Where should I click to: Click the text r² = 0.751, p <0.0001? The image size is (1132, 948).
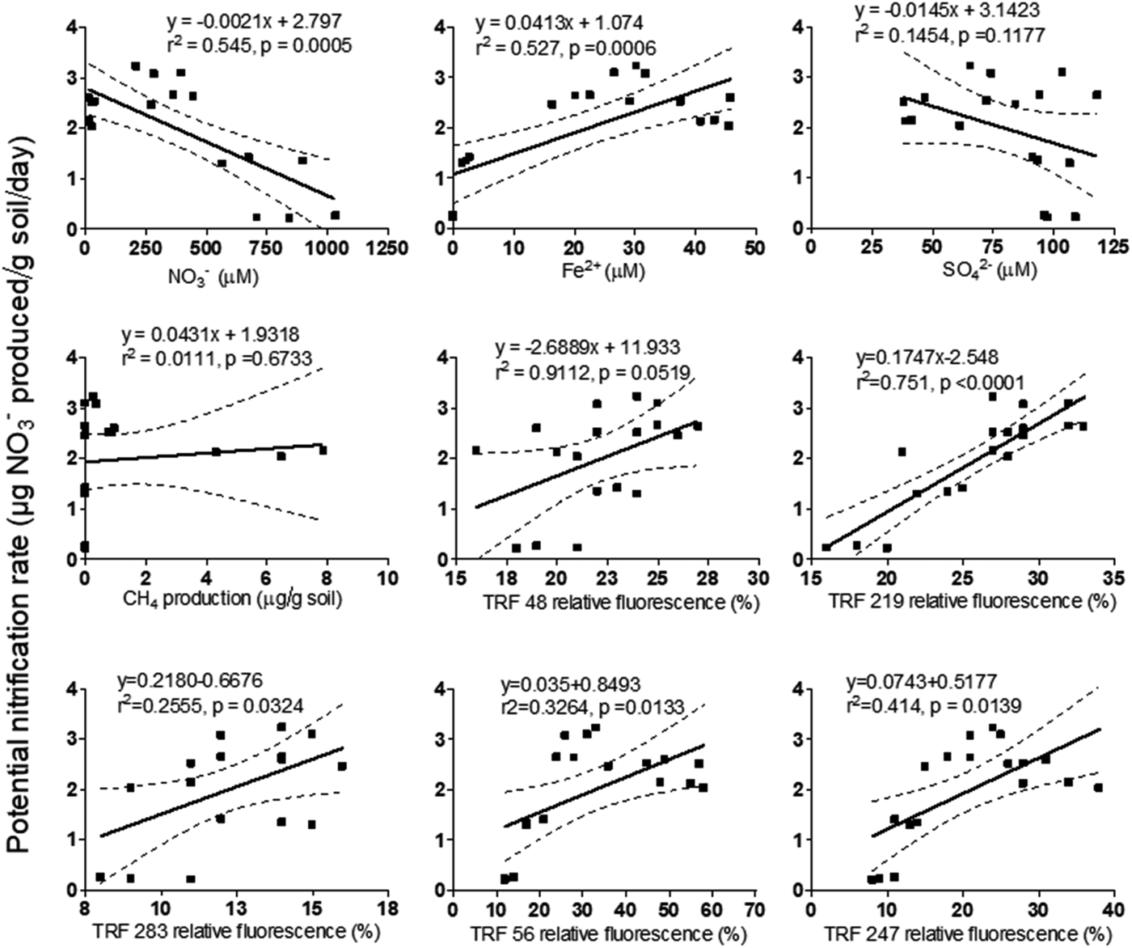pos(940,382)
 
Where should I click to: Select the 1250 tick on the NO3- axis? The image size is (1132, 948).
pos(386,248)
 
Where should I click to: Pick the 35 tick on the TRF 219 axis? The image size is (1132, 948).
pos(1113,578)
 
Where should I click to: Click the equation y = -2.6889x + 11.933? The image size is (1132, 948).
pos(588,348)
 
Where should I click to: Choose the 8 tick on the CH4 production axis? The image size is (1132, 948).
pos(326,578)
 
